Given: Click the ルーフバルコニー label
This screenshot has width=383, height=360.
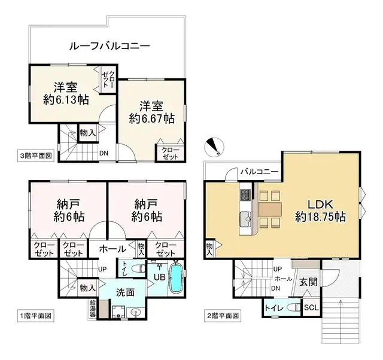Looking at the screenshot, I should click(109, 45).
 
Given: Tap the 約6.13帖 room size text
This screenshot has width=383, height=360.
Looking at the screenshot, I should click(66, 100).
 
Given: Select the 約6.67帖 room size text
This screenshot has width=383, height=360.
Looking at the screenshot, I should click(152, 118).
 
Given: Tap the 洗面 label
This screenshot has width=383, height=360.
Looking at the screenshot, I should click(126, 293).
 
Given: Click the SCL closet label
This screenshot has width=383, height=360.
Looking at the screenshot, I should click(312, 308).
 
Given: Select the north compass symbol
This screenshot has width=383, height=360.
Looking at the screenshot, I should click(213, 146).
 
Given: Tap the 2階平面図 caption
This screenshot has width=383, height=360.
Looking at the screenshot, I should click(223, 315).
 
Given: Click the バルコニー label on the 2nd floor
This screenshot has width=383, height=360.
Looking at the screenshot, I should click(259, 172).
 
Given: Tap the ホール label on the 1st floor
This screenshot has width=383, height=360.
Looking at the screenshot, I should click(112, 249).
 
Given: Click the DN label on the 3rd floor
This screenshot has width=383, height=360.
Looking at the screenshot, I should click(104, 152).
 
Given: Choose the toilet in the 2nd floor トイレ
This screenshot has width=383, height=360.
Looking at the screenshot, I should click(291, 308).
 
